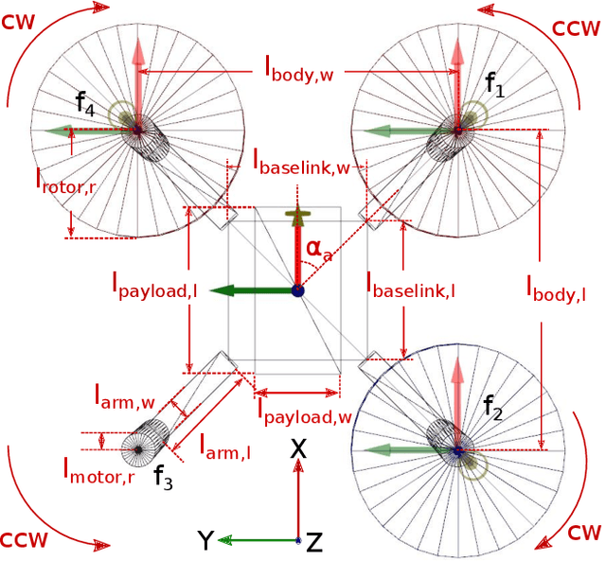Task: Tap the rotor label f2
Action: point(493,407)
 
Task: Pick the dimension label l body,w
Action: point(302,69)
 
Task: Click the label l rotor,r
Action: point(65,181)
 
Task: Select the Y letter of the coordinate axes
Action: point(205,541)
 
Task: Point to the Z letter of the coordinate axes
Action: point(315,542)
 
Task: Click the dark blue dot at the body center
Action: point(298,290)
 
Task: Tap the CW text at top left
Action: point(20,20)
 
